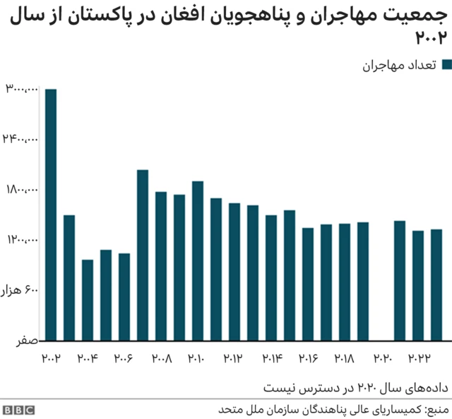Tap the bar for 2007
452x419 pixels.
pyautogui.click(x=143, y=255)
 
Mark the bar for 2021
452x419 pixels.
pyautogui.click(x=400, y=280)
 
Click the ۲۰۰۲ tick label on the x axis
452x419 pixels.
pyautogui.click(x=51, y=359)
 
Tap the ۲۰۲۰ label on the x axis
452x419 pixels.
pyautogui.click(x=381, y=359)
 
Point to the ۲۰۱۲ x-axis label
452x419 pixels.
pyautogui.click(x=234, y=359)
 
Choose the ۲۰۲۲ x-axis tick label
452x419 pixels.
pyautogui.click(x=418, y=359)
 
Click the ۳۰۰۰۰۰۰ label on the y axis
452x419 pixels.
pyautogui.click(x=21, y=88)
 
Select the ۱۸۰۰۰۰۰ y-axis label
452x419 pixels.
pyautogui.click(x=21, y=190)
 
